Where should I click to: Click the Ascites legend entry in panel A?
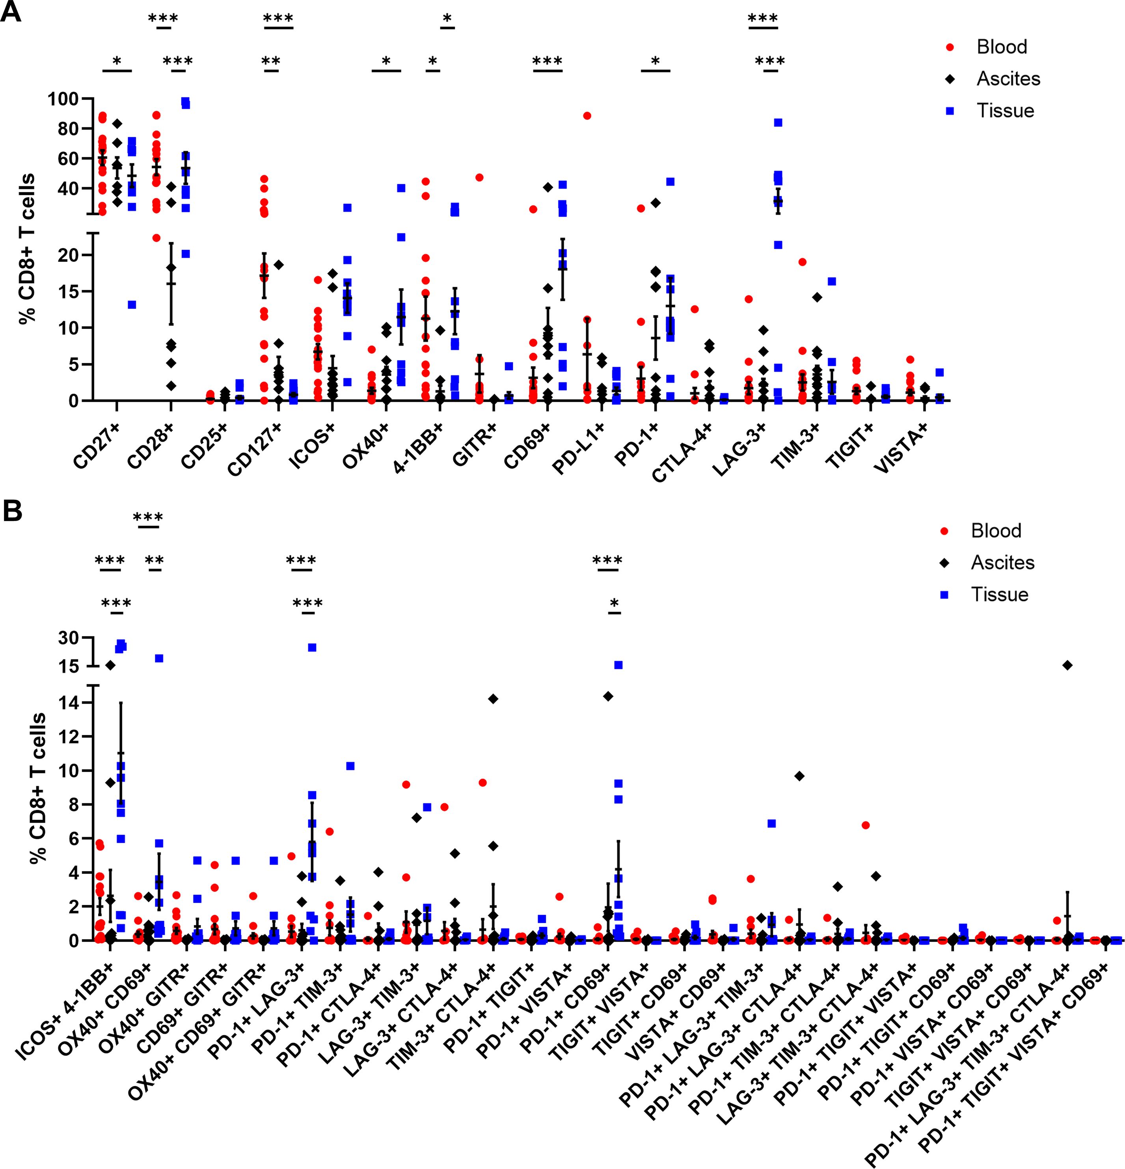tap(1008, 79)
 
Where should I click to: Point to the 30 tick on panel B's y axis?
tap(69, 638)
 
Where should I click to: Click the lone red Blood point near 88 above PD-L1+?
tap(587, 116)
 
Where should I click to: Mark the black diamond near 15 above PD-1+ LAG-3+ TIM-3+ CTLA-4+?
tap(1067, 665)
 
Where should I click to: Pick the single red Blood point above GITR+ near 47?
tap(479, 178)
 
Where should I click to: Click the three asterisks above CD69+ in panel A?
tap(547, 61)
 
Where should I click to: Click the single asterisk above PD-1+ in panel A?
tap(655, 61)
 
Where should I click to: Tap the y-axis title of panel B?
tap(39, 787)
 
